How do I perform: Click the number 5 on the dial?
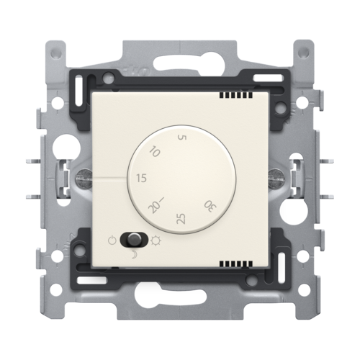point(181,138)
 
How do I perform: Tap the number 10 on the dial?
point(155,152)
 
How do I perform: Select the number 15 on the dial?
point(141,178)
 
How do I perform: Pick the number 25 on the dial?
point(181,219)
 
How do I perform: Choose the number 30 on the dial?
point(210,207)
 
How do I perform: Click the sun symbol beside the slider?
point(156,240)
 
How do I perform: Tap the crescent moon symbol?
point(134,256)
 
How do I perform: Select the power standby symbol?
point(112,240)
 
